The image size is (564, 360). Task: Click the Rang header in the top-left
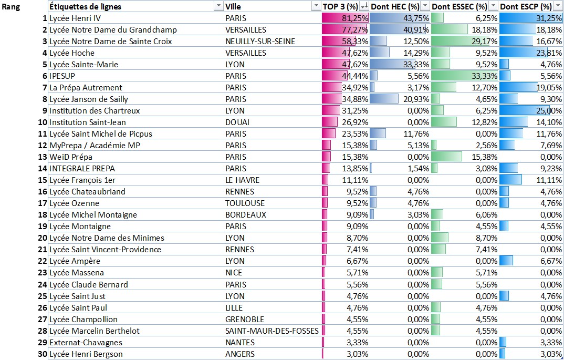(12, 7)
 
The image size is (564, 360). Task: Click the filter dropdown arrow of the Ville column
(316, 6)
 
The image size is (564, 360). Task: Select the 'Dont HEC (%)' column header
(395, 6)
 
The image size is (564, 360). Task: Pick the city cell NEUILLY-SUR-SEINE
(260, 41)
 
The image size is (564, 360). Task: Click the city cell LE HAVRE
(242, 180)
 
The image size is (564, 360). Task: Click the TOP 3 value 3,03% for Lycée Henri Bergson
(357, 354)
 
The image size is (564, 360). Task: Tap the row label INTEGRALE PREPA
(82, 168)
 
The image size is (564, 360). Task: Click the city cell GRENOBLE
(245, 319)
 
